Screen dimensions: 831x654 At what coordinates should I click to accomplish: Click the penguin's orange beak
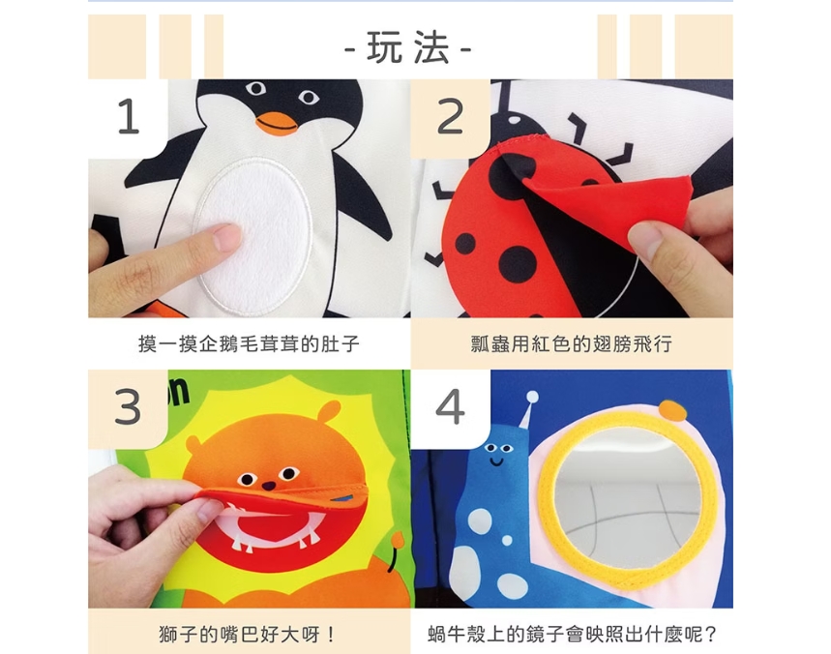[x=276, y=123]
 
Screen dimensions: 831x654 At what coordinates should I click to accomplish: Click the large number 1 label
[x=129, y=116]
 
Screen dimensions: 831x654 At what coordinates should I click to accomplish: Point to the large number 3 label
[x=128, y=407]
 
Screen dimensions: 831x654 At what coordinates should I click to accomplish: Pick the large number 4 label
[x=450, y=407]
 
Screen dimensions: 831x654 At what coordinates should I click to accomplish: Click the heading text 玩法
[x=407, y=47]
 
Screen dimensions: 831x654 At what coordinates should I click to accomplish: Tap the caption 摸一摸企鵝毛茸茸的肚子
[x=249, y=344]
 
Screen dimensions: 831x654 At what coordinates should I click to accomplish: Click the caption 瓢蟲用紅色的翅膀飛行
[x=572, y=344]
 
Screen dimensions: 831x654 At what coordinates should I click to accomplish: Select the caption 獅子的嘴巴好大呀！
[x=248, y=634]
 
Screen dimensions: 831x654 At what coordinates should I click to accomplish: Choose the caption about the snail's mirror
[x=572, y=634]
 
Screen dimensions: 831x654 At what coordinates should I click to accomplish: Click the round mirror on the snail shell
[x=628, y=498]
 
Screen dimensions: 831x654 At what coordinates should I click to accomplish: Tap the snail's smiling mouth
[x=496, y=461]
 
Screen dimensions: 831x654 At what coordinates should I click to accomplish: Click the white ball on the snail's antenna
[x=533, y=397]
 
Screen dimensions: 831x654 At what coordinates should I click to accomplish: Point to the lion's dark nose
[x=269, y=486]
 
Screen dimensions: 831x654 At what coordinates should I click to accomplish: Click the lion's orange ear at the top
[x=328, y=412]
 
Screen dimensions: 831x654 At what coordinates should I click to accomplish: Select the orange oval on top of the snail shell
[x=672, y=411]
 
